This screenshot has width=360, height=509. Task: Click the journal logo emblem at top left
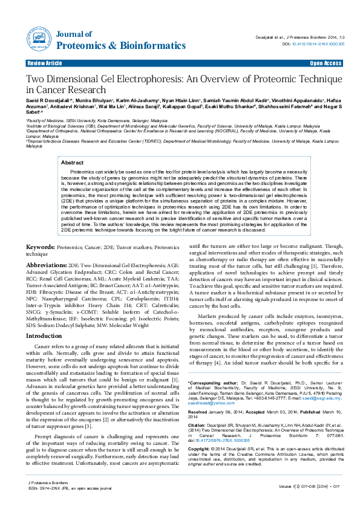(x=37, y=37)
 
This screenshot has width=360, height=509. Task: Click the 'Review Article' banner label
(x=45, y=63)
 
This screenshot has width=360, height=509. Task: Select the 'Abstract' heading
(x=73, y=163)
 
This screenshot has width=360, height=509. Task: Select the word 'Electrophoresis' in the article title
(x=148, y=79)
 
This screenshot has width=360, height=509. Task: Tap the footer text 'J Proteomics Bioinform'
(x=48, y=484)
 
